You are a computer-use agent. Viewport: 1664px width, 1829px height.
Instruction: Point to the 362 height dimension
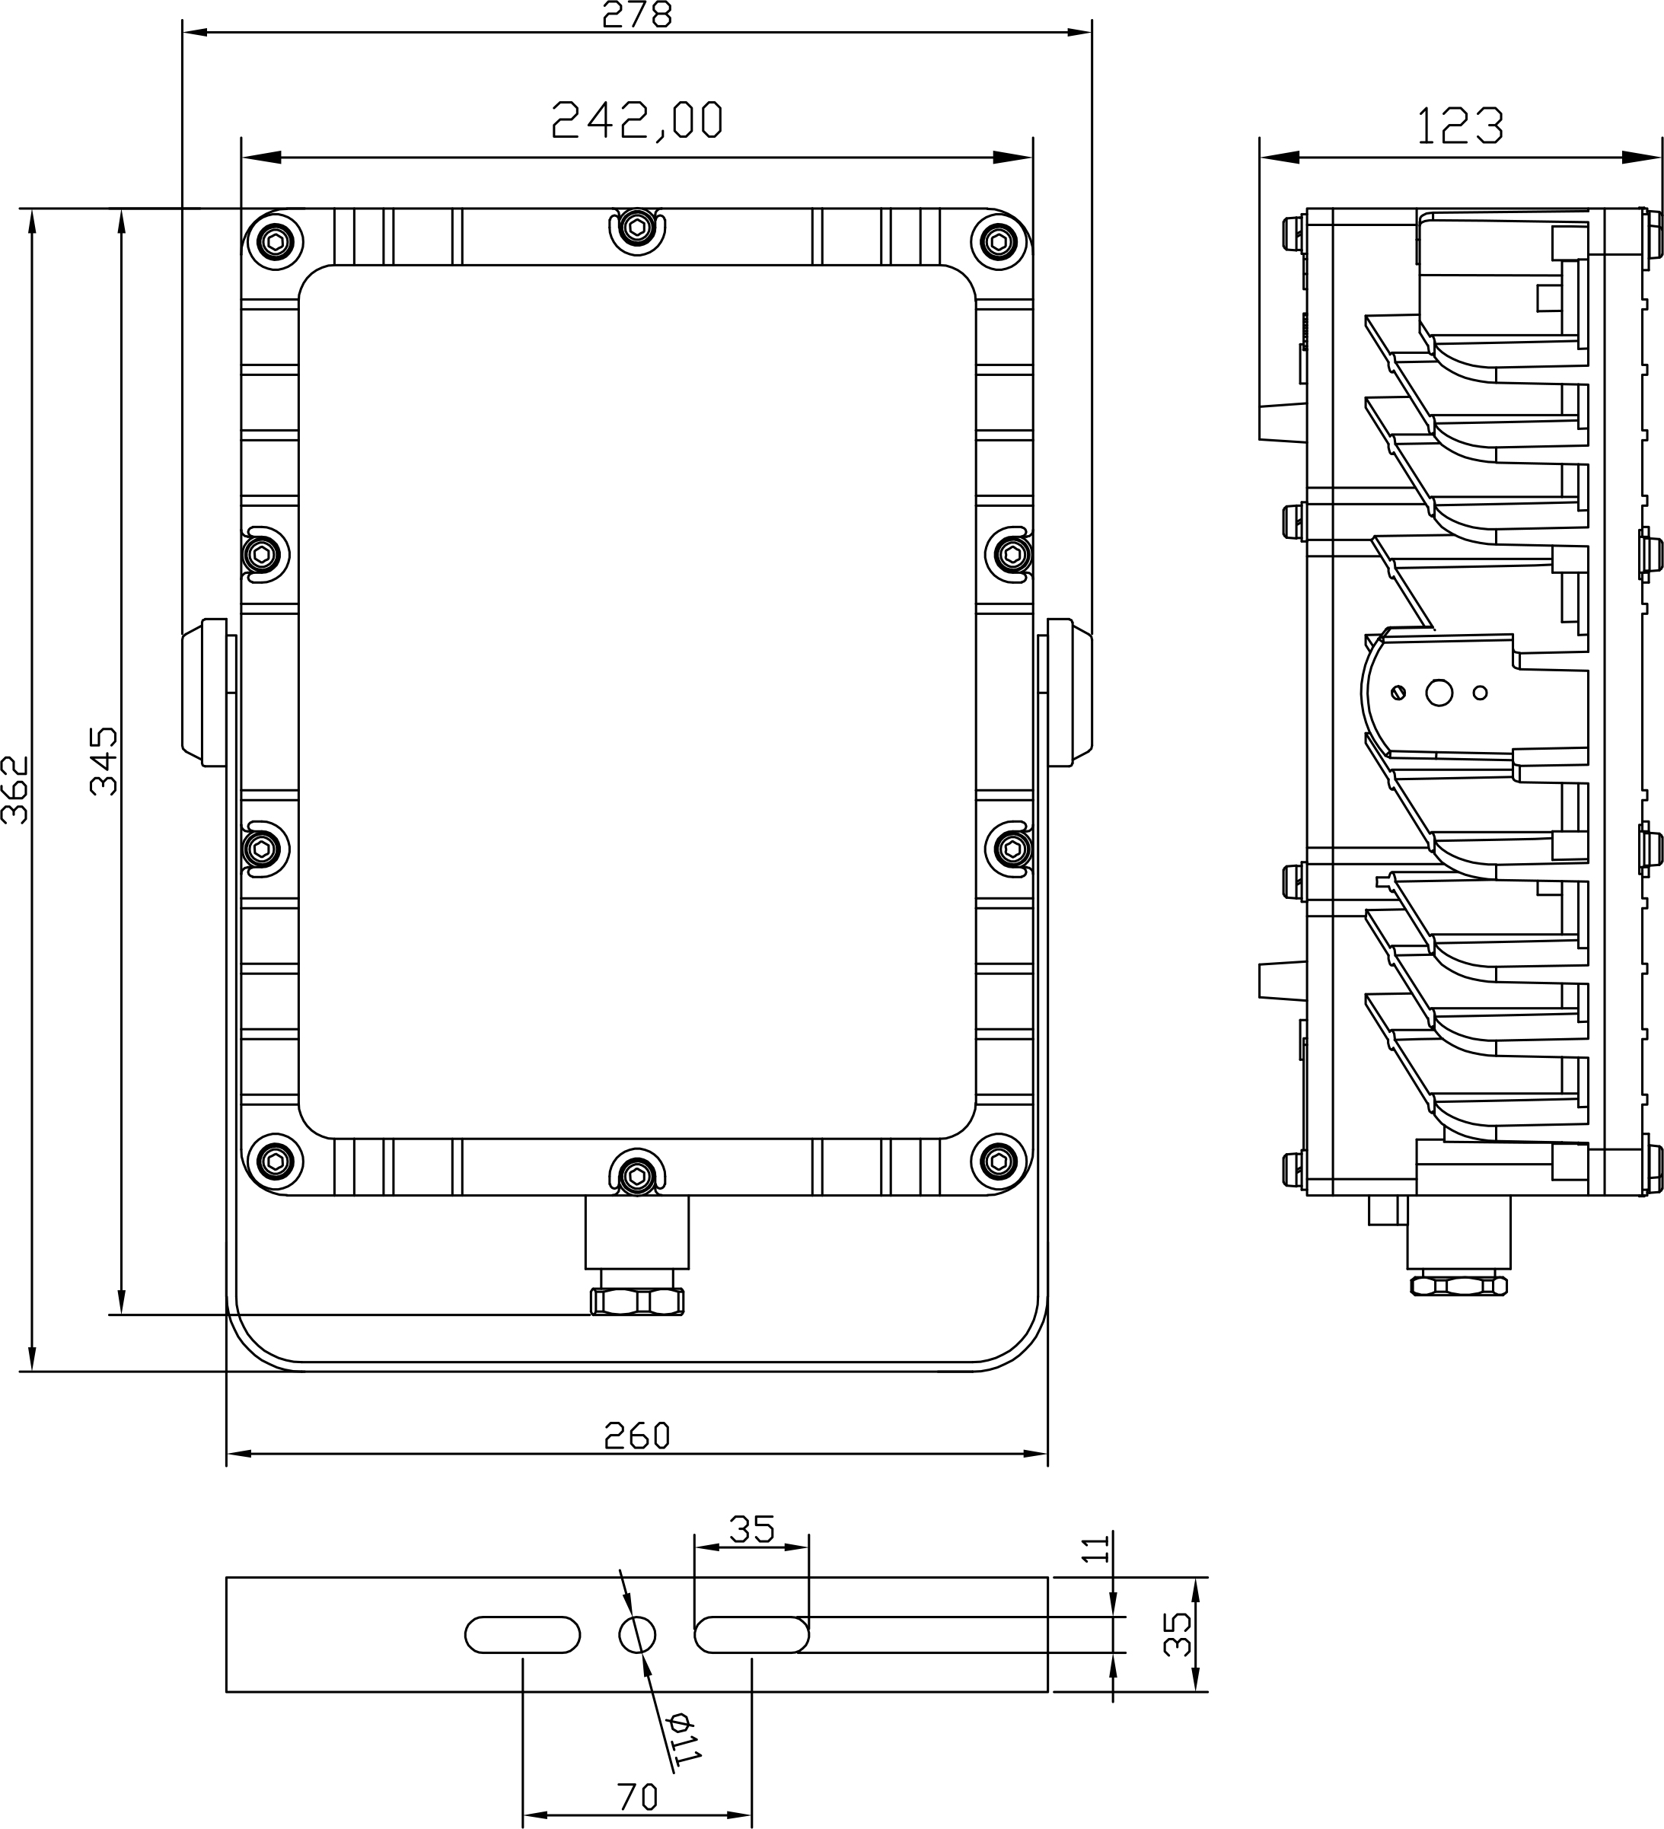pyautogui.click(x=15, y=789)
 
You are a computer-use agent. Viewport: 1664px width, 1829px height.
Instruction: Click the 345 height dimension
pyautogui.click(x=104, y=760)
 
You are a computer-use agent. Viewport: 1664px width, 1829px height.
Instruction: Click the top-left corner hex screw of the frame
pyautogui.click(x=275, y=241)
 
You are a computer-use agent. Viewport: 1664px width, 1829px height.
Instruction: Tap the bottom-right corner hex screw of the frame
pyautogui.click(x=999, y=1161)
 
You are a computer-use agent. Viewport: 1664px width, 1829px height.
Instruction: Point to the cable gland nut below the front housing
pyautogui.click(x=637, y=1302)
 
